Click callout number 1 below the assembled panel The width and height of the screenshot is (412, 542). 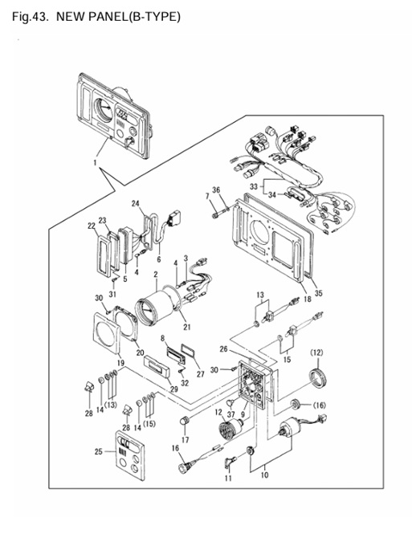tap(96, 161)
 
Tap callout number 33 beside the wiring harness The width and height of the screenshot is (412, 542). tap(254, 186)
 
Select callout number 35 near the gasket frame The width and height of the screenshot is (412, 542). tap(319, 293)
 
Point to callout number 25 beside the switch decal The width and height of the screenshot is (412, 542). tap(99, 451)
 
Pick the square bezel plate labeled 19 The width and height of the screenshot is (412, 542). tap(107, 333)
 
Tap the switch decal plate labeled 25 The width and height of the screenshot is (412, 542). tap(130, 455)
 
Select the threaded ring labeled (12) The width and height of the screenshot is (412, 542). tap(317, 380)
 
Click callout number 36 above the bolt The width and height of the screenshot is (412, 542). tap(216, 190)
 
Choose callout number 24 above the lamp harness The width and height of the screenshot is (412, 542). tap(135, 203)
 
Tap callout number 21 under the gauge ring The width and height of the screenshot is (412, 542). tap(186, 326)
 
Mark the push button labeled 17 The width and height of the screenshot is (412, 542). tap(185, 422)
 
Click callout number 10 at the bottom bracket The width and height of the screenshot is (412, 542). tap(264, 475)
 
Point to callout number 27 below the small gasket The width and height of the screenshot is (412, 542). tap(200, 374)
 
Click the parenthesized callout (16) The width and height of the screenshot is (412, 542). tap(320, 405)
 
